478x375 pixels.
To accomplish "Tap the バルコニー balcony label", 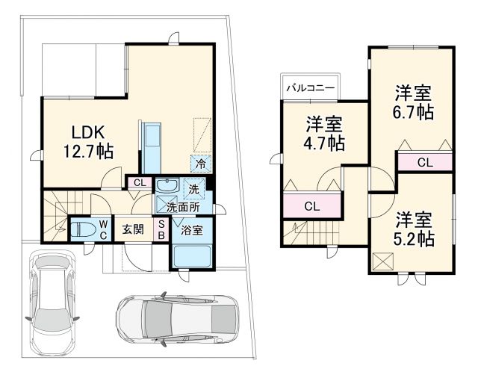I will (310, 87).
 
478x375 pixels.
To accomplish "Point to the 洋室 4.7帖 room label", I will (323, 132).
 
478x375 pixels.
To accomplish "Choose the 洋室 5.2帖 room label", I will (414, 229).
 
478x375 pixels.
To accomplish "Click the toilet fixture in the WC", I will (84, 228).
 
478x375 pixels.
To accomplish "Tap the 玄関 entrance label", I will (133, 229).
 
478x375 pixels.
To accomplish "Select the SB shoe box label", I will (161, 229).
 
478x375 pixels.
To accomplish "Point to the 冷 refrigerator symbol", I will (200, 162).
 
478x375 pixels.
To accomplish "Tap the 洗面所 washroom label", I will (181, 207).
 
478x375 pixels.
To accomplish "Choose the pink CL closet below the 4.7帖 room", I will (311, 205).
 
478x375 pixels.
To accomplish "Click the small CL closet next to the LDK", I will (140, 182).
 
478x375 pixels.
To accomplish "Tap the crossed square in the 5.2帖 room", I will (385, 261).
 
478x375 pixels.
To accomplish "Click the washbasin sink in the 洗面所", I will (167, 187).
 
